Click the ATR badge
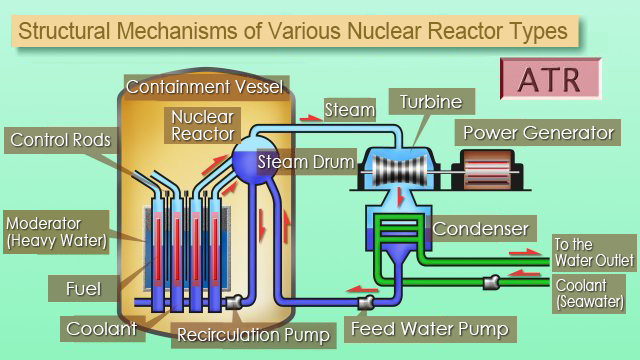(551, 78)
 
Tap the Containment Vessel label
(205, 88)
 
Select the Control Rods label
(60, 139)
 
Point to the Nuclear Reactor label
(202, 123)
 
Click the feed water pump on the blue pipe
(366, 300)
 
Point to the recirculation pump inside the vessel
(233, 300)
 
